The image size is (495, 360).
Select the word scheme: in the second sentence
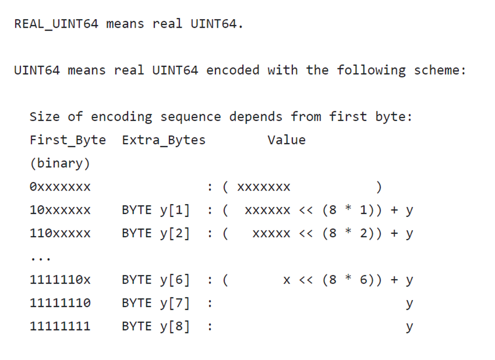[440, 71]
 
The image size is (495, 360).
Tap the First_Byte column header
[67, 140]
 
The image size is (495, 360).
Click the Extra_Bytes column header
[163, 140]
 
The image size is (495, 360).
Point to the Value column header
[286, 140]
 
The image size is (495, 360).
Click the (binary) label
[59, 164]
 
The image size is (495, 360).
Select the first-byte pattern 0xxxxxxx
[59, 187]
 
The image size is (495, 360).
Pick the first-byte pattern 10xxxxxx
[59, 210]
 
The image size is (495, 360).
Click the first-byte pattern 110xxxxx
[59, 233]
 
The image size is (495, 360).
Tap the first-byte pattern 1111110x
[59, 280]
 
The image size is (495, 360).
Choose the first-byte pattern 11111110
[59, 303]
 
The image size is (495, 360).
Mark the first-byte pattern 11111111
[59, 327]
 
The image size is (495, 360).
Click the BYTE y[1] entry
[156, 210]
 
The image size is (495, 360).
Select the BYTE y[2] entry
[156, 233]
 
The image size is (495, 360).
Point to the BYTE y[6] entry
[156, 280]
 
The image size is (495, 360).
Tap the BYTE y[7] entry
[156, 303]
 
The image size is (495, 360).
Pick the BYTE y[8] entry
[156, 327]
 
